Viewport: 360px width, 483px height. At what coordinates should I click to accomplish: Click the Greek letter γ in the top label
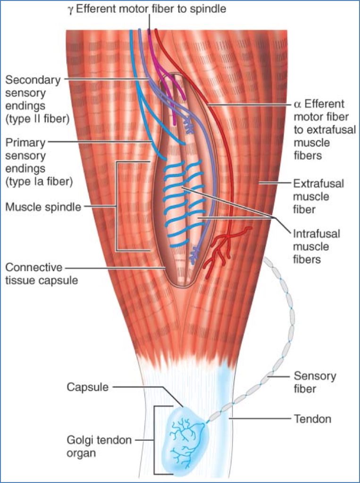click(70, 9)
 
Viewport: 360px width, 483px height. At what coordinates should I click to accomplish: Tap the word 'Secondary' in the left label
click(33, 80)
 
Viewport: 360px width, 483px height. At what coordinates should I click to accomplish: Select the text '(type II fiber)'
click(37, 118)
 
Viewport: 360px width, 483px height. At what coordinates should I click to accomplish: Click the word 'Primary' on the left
click(24, 142)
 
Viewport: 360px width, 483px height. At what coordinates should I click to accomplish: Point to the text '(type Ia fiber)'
click(38, 181)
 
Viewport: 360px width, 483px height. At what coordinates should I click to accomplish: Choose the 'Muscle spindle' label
click(43, 206)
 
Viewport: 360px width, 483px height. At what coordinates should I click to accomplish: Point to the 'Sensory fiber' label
click(315, 382)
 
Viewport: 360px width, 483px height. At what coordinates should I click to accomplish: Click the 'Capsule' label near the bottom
click(87, 387)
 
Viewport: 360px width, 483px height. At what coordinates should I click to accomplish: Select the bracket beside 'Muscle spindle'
click(117, 206)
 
